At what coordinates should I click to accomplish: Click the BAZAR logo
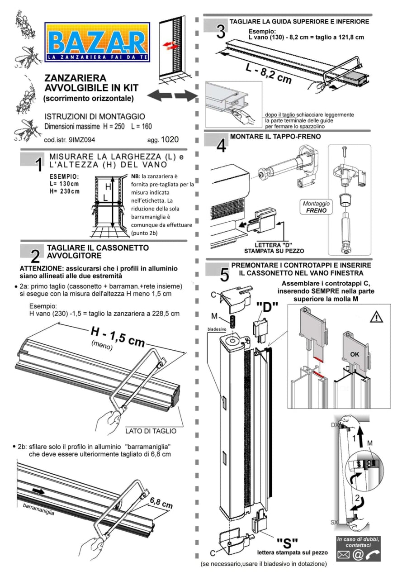pos(97,42)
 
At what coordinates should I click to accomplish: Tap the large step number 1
pos(39,165)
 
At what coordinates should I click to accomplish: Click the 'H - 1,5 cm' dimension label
pos(118,337)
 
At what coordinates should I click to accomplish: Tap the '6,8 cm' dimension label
pos(161,502)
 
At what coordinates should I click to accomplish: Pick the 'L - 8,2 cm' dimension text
pos(269,74)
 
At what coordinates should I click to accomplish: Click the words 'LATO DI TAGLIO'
pos(151,431)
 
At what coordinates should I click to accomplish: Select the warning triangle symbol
pos(376,317)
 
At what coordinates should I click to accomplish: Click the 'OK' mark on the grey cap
pos(355,354)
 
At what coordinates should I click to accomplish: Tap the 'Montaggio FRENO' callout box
pos(316,207)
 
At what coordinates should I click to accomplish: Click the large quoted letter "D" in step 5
pos(267,307)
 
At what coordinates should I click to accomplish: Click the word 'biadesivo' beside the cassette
pos(217,329)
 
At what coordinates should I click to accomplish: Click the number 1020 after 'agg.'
pos(170,139)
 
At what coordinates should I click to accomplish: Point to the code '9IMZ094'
pos(82,140)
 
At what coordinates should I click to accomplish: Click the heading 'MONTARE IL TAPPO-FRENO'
pos(275,137)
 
